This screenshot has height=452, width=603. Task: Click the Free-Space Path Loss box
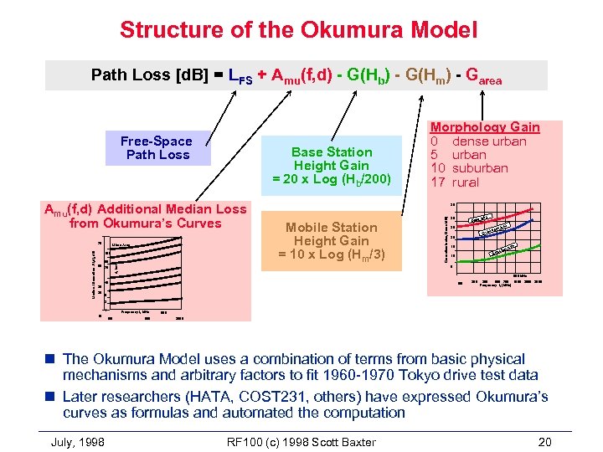157,148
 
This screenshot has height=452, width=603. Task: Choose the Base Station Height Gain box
332,166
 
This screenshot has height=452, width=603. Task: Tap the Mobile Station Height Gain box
332,241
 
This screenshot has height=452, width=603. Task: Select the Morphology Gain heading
484,127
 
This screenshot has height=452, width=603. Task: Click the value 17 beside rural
438,182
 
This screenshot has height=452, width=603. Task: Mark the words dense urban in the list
489,141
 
